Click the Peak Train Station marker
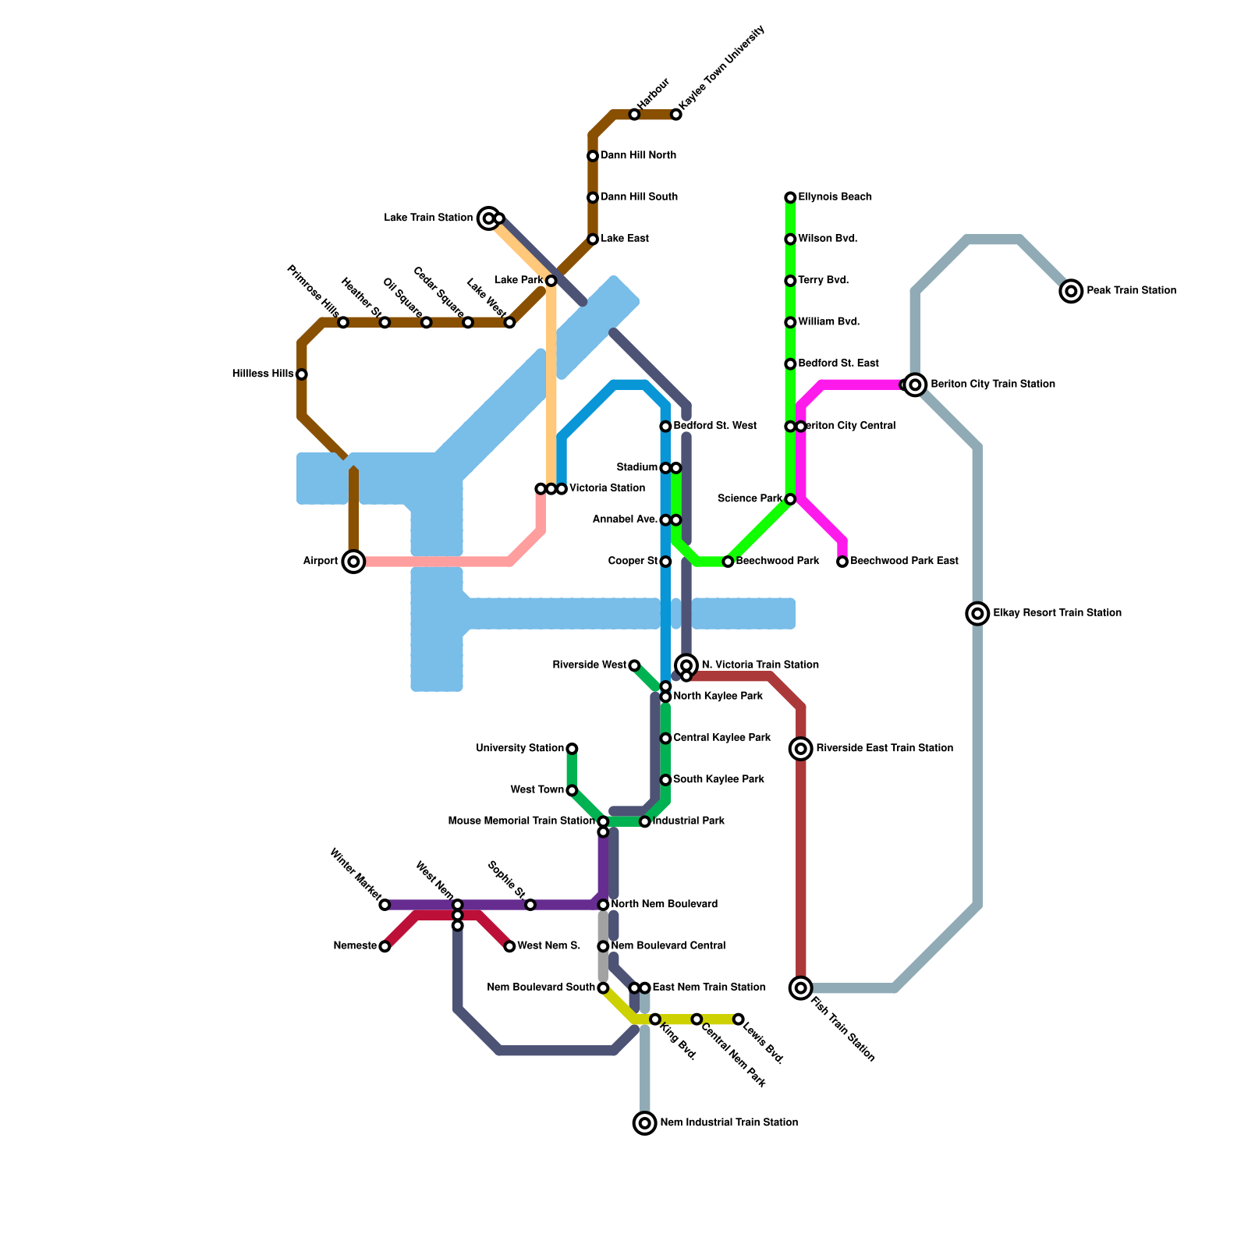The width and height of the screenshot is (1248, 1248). tap(1072, 291)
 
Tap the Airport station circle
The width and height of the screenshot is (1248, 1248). tap(353, 562)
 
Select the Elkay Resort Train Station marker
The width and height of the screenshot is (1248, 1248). tap(977, 613)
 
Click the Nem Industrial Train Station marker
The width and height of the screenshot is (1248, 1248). tap(644, 1123)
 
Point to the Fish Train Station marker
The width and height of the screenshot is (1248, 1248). tap(801, 987)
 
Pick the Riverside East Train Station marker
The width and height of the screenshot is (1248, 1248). tap(801, 749)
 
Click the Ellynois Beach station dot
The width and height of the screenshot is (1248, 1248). tap(790, 197)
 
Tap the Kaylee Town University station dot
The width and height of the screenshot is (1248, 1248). tap(676, 115)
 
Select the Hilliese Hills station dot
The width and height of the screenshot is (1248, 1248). tap(302, 374)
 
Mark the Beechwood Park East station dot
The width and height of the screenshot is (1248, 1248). tap(842, 562)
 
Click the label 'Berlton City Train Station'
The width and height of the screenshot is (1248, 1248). tap(992, 385)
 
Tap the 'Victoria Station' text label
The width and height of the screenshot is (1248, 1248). tap(607, 488)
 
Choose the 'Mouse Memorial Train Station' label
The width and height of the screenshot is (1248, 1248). tap(521, 821)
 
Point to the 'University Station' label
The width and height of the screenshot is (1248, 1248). tap(519, 749)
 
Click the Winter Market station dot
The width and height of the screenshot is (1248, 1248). tap(385, 905)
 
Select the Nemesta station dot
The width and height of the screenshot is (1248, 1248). tap(385, 946)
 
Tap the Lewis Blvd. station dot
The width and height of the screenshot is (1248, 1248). tap(739, 1019)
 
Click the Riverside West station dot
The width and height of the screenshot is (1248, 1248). tap(635, 665)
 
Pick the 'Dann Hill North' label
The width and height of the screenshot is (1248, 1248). tap(638, 156)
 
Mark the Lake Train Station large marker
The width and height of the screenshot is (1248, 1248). tap(488, 218)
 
